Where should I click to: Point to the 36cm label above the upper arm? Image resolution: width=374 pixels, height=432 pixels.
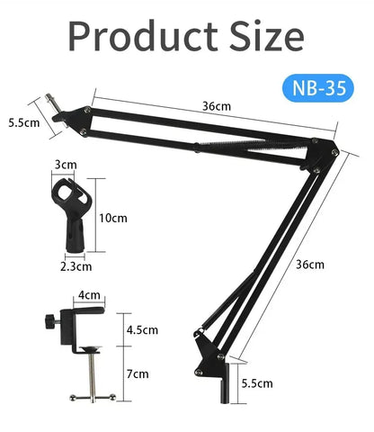pos(216,105)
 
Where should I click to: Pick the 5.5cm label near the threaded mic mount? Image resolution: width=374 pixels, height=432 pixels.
pos(21,122)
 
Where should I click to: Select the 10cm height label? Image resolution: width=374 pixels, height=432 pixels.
pos(114,218)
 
